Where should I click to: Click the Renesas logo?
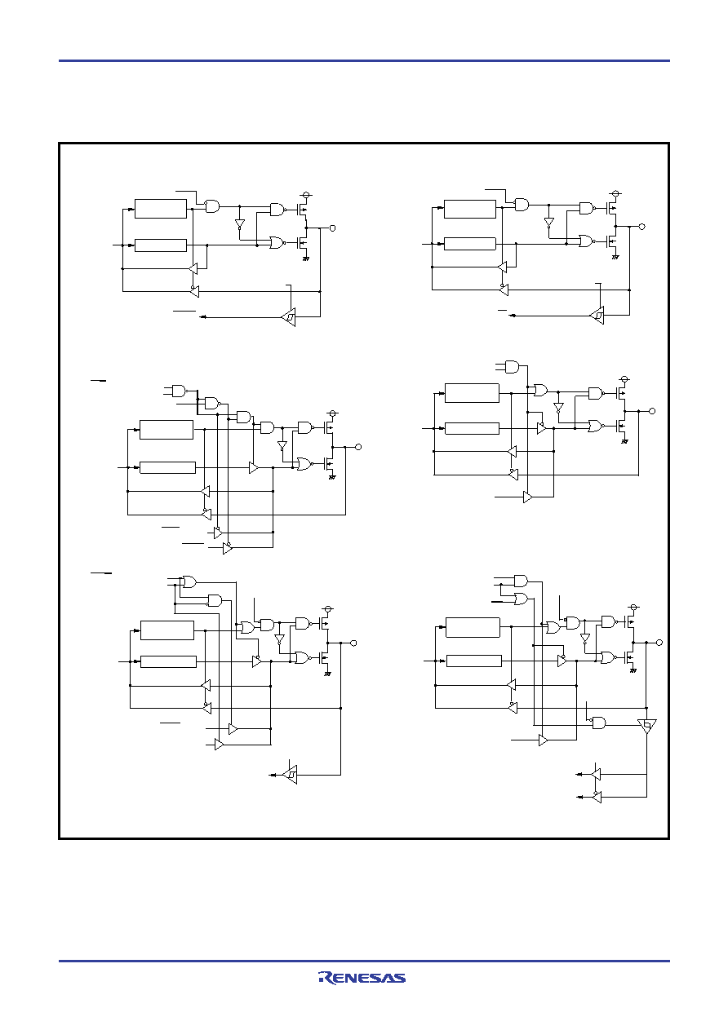coord(362,978)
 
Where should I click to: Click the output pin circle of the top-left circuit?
coord(333,228)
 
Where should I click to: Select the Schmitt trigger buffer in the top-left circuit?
coord(289,316)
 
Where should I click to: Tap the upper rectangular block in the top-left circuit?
coord(161,208)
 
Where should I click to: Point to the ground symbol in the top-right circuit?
coord(615,257)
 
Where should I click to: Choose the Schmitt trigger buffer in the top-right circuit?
coord(597,316)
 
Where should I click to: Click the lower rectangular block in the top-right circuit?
coord(470,244)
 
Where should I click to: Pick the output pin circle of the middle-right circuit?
coord(651,411)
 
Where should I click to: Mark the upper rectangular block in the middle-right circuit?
coord(473,393)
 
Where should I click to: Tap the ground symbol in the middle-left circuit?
coord(332,477)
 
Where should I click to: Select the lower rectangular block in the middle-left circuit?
coord(167,467)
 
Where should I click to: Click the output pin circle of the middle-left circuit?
coord(358,447)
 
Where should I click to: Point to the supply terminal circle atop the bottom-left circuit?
coord(327,609)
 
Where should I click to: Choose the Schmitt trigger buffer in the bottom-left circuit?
coord(290,775)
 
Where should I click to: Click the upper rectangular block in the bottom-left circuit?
coord(167,630)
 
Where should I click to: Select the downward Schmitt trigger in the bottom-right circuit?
coord(646,727)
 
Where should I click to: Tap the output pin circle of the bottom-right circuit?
coord(659,643)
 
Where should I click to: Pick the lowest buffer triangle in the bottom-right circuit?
coord(597,797)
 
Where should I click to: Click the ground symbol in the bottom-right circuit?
coord(633,671)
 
